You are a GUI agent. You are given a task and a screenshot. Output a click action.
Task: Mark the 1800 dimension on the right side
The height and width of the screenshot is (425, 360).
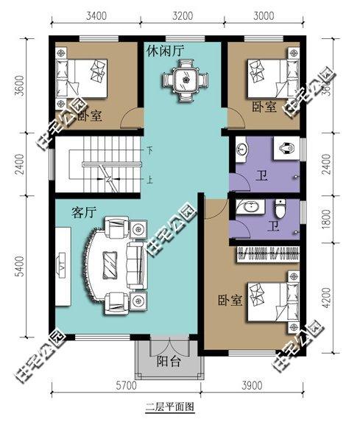tap(341, 219)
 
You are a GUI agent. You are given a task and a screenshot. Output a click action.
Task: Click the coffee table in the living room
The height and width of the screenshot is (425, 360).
tap(110, 263)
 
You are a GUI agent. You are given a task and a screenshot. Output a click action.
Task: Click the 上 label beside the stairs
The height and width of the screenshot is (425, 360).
tap(150, 178)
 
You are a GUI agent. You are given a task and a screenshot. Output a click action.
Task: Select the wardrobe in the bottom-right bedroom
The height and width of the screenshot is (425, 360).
tap(268, 256)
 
